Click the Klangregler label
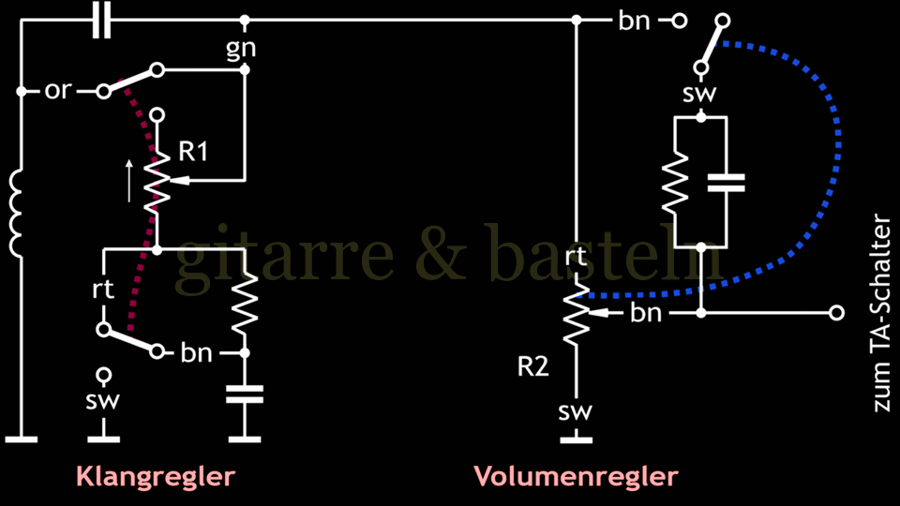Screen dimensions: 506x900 click(155, 476)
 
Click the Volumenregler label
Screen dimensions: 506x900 click(576, 476)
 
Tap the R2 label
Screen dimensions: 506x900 click(532, 367)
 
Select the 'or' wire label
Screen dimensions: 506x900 click(56, 92)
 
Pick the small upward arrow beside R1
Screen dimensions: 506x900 click(130, 180)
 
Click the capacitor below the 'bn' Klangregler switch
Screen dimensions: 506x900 click(246, 393)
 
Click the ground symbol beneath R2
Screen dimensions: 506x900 click(576, 437)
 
